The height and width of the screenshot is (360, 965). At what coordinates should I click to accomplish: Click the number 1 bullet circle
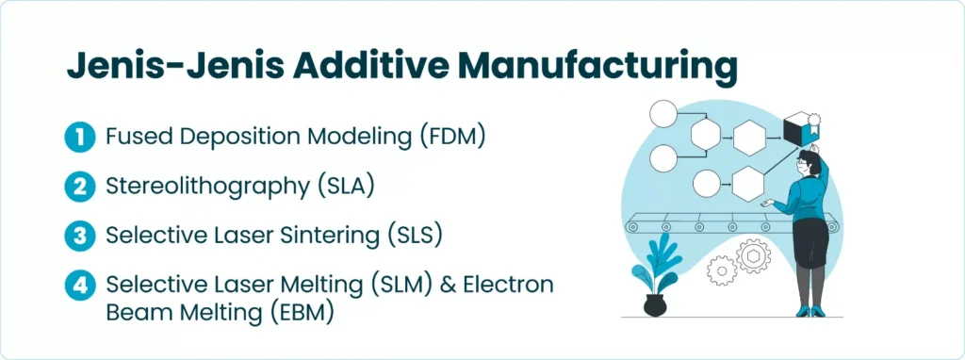[79, 138]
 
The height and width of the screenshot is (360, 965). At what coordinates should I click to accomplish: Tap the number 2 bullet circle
[79, 187]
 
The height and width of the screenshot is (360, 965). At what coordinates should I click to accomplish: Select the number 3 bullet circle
[79, 237]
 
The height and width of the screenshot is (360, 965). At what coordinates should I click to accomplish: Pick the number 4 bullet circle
[79, 286]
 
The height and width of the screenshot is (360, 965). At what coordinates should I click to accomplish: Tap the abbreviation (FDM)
[452, 137]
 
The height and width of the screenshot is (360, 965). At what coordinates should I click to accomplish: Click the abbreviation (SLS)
[413, 237]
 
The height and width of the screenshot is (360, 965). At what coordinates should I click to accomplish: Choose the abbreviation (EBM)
[302, 312]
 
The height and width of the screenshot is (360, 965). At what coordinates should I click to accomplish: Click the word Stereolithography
[207, 188]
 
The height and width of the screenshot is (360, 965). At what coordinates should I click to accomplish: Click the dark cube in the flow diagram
[799, 129]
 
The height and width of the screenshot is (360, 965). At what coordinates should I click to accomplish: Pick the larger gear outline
[754, 256]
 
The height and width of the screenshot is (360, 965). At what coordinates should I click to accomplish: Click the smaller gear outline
[721, 270]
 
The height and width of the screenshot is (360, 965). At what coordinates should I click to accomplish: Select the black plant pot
[654, 305]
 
